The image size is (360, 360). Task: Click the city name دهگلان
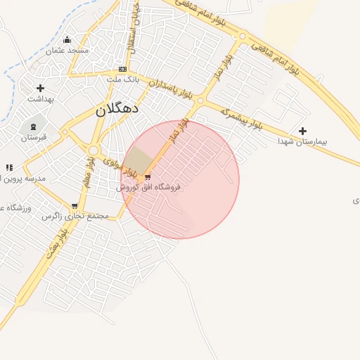pyautogui.click(x=117, y=110)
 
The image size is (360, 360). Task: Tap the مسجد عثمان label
pyautogui.click(x=67, y=51)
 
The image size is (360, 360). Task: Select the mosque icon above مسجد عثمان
pyautogui.click(x=67, y=39)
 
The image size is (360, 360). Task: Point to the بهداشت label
pyautogui.click(x=41, y=99)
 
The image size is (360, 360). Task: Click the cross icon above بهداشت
pyautogui.click(x=40, y=88)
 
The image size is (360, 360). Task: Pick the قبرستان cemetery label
pyautogui.click(x=32, y=137)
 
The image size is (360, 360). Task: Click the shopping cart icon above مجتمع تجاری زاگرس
pyautogui.click(x=75, y=206)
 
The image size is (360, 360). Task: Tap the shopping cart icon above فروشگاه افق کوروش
pyautogui.click(x=147, y=177)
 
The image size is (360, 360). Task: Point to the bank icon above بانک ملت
pyautogui.click(x=123, y=69)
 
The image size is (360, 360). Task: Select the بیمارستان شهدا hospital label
pyautogui.click(x=303, y=141)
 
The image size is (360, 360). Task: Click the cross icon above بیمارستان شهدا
pyautogui.click(x=302, y=131)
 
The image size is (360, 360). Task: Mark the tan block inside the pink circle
pyautogui.click(x=139, y=162)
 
